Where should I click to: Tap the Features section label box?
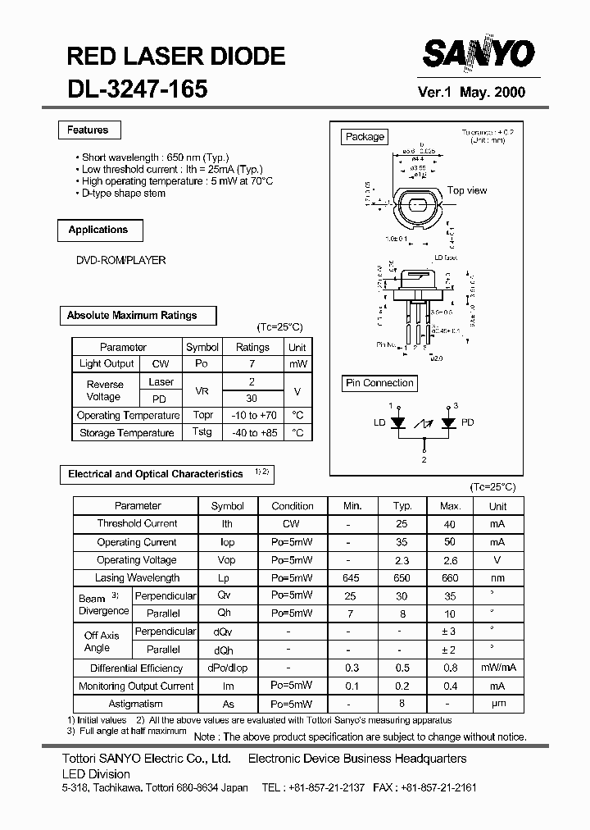(88, 130)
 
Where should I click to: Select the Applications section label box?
(98, 230)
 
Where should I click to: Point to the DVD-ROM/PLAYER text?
(120, 260)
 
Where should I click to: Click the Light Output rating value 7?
(252, 364)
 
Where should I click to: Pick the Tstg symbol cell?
(202, 432)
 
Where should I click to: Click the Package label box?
(365, 137)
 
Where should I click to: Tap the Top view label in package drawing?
(467, 190)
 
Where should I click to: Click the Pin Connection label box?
(379, 383)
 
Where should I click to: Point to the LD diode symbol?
(399, 423)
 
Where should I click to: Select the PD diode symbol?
(448, 423)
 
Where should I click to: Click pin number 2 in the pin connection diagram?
(424, 460)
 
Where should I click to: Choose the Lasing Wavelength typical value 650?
(402, 578)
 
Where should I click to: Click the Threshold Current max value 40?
(450, 524)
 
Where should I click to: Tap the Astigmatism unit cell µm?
(497, 704)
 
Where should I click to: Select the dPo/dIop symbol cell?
(228, 668)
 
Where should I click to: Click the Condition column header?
(293, 506)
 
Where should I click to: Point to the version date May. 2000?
(492, 93)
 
